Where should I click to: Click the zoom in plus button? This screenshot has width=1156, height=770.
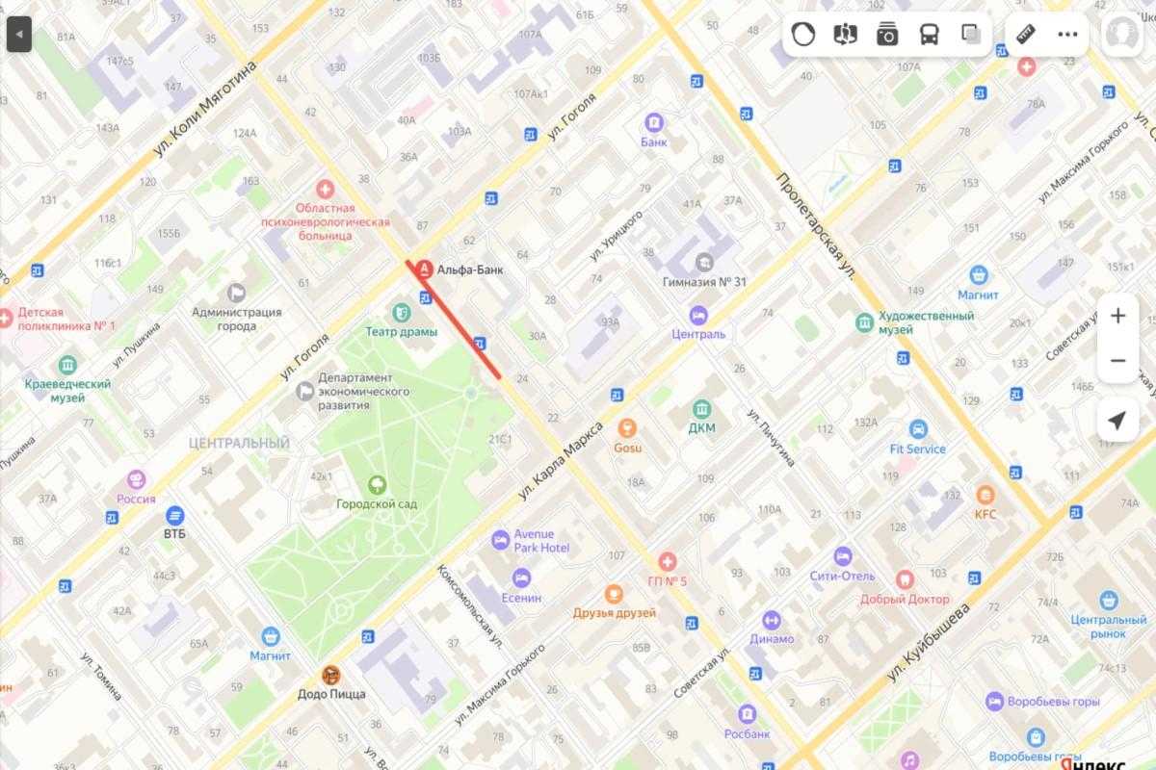pyautogui.click(x=1117, y=316)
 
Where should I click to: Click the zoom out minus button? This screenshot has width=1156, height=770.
pyautogui.click(x=1117, y=361)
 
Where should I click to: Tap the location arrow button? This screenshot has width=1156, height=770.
pyautogui.click(x=1117, y=421)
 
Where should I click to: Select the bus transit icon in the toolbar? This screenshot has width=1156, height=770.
pyautogui.click(x=929, y=35)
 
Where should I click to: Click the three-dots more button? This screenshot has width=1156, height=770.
pyautogui.click(x=1067, y=35)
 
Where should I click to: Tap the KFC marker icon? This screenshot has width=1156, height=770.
pyautogui.click(x=985, y=495)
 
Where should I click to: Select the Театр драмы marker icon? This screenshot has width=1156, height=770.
pyautogui.click(x=401, y=312)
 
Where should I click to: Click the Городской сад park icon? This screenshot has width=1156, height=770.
pyautogui.click(x=377, y=485)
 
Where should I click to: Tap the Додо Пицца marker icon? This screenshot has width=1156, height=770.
pyautogui.click(x=331, y=675)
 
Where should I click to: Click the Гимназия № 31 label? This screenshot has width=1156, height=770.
pyautogui.click(x=704, y=282)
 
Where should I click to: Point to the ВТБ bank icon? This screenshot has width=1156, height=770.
pyautogui.click(x=174, y=515)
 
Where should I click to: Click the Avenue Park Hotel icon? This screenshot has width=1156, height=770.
pyautogui.click(x=500, y=540)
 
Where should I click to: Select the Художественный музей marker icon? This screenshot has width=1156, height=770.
pyautogui.click(x=864, y=321)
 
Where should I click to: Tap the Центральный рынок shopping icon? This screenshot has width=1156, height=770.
pyautogui.click(x=1109, y=600)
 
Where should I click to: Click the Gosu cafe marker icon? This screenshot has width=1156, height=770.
pyautogui.click(x=626, y=427)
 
